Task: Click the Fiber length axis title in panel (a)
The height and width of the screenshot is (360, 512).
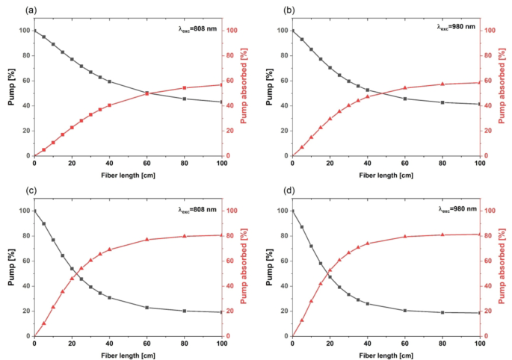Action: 128,174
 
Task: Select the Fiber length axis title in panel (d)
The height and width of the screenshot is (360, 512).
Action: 386,355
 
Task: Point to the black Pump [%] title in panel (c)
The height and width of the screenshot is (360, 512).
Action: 11,273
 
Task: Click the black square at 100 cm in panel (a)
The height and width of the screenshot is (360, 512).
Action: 222,102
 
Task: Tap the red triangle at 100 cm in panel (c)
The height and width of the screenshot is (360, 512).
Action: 222,235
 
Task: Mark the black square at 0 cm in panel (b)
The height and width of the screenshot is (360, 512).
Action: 292,31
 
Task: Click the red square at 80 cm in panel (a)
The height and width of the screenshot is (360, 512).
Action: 185,87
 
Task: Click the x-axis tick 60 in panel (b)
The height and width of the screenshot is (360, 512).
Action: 404,163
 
